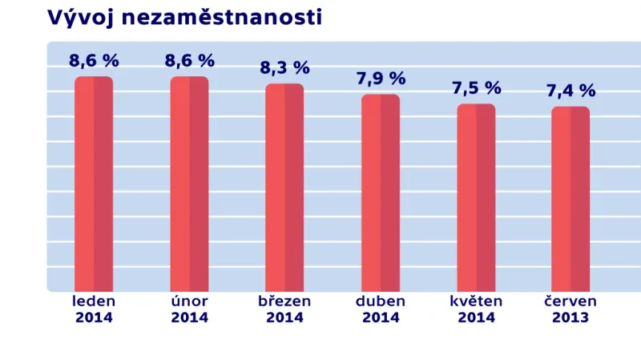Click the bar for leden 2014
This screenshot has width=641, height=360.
click(x=94, y=184)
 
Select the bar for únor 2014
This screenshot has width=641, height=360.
click(x=189, y=184)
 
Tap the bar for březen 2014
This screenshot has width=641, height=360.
click(x=284, y=188)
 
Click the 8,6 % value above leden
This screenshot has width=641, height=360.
click(x=94, y=61)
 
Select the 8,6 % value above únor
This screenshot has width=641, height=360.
click(x=190, y=61)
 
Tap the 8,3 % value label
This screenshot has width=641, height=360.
click(x=284, y=68)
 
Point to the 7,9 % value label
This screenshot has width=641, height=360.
click(x=381, y=79)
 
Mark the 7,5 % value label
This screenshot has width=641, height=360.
click(x=476, y=88)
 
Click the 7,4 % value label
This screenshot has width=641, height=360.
click(x=571, y=91)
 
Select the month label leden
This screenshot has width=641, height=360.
click(x=94, y=301)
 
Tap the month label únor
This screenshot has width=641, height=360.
click(x=190, y=301)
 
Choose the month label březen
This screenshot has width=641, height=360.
click(x=284, y=301)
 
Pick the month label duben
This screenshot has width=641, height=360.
click(x=381, y=301)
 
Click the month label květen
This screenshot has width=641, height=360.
click(x=476, y=301)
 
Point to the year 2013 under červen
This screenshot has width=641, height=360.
click(x=570, y=318)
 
